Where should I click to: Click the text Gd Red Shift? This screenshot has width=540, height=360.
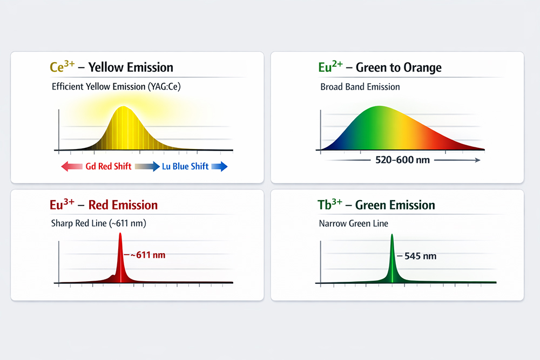tap(108, 166)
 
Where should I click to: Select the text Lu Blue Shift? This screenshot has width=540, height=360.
tap(185, 166)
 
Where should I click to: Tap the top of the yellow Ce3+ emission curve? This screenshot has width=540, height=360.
tap(124, 107)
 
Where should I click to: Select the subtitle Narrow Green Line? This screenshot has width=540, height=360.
tap(354, 223)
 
